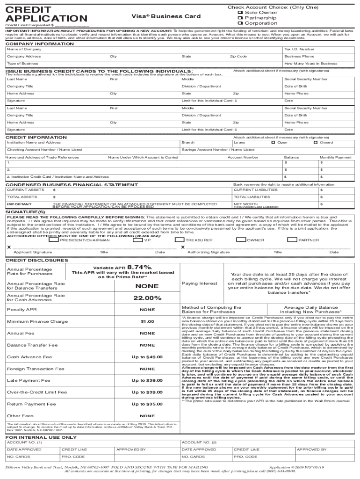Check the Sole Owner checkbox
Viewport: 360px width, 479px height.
[x=241, y=13]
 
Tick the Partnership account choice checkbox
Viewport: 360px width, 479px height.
[x=241, y=18]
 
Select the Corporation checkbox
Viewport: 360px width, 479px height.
[x=241, y=23]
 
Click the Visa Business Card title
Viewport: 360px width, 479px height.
[x=166, y=16]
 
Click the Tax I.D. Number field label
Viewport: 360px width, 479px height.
[x=299, y=49]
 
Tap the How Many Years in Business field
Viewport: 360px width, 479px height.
[x=310, y=64]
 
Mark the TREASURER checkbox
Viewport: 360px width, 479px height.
[x=179, y=239]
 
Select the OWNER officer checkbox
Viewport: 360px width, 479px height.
[x=241, y=239]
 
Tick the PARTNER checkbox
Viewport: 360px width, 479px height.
[x=292, y=239]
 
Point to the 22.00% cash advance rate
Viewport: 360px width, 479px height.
[x=147, y=298]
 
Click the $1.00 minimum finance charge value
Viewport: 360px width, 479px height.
[x=147, y=321]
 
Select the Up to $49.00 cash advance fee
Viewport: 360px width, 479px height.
[x=147, y=357]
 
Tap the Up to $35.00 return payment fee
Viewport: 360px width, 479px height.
[x=147, y=404]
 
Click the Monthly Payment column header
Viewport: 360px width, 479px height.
[x=335, y=158]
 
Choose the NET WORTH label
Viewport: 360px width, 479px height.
[x=246, y=204]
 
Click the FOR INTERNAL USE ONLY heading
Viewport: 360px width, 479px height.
[x=41, y=437]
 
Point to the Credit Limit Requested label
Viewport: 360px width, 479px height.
[x=28, y=25]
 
